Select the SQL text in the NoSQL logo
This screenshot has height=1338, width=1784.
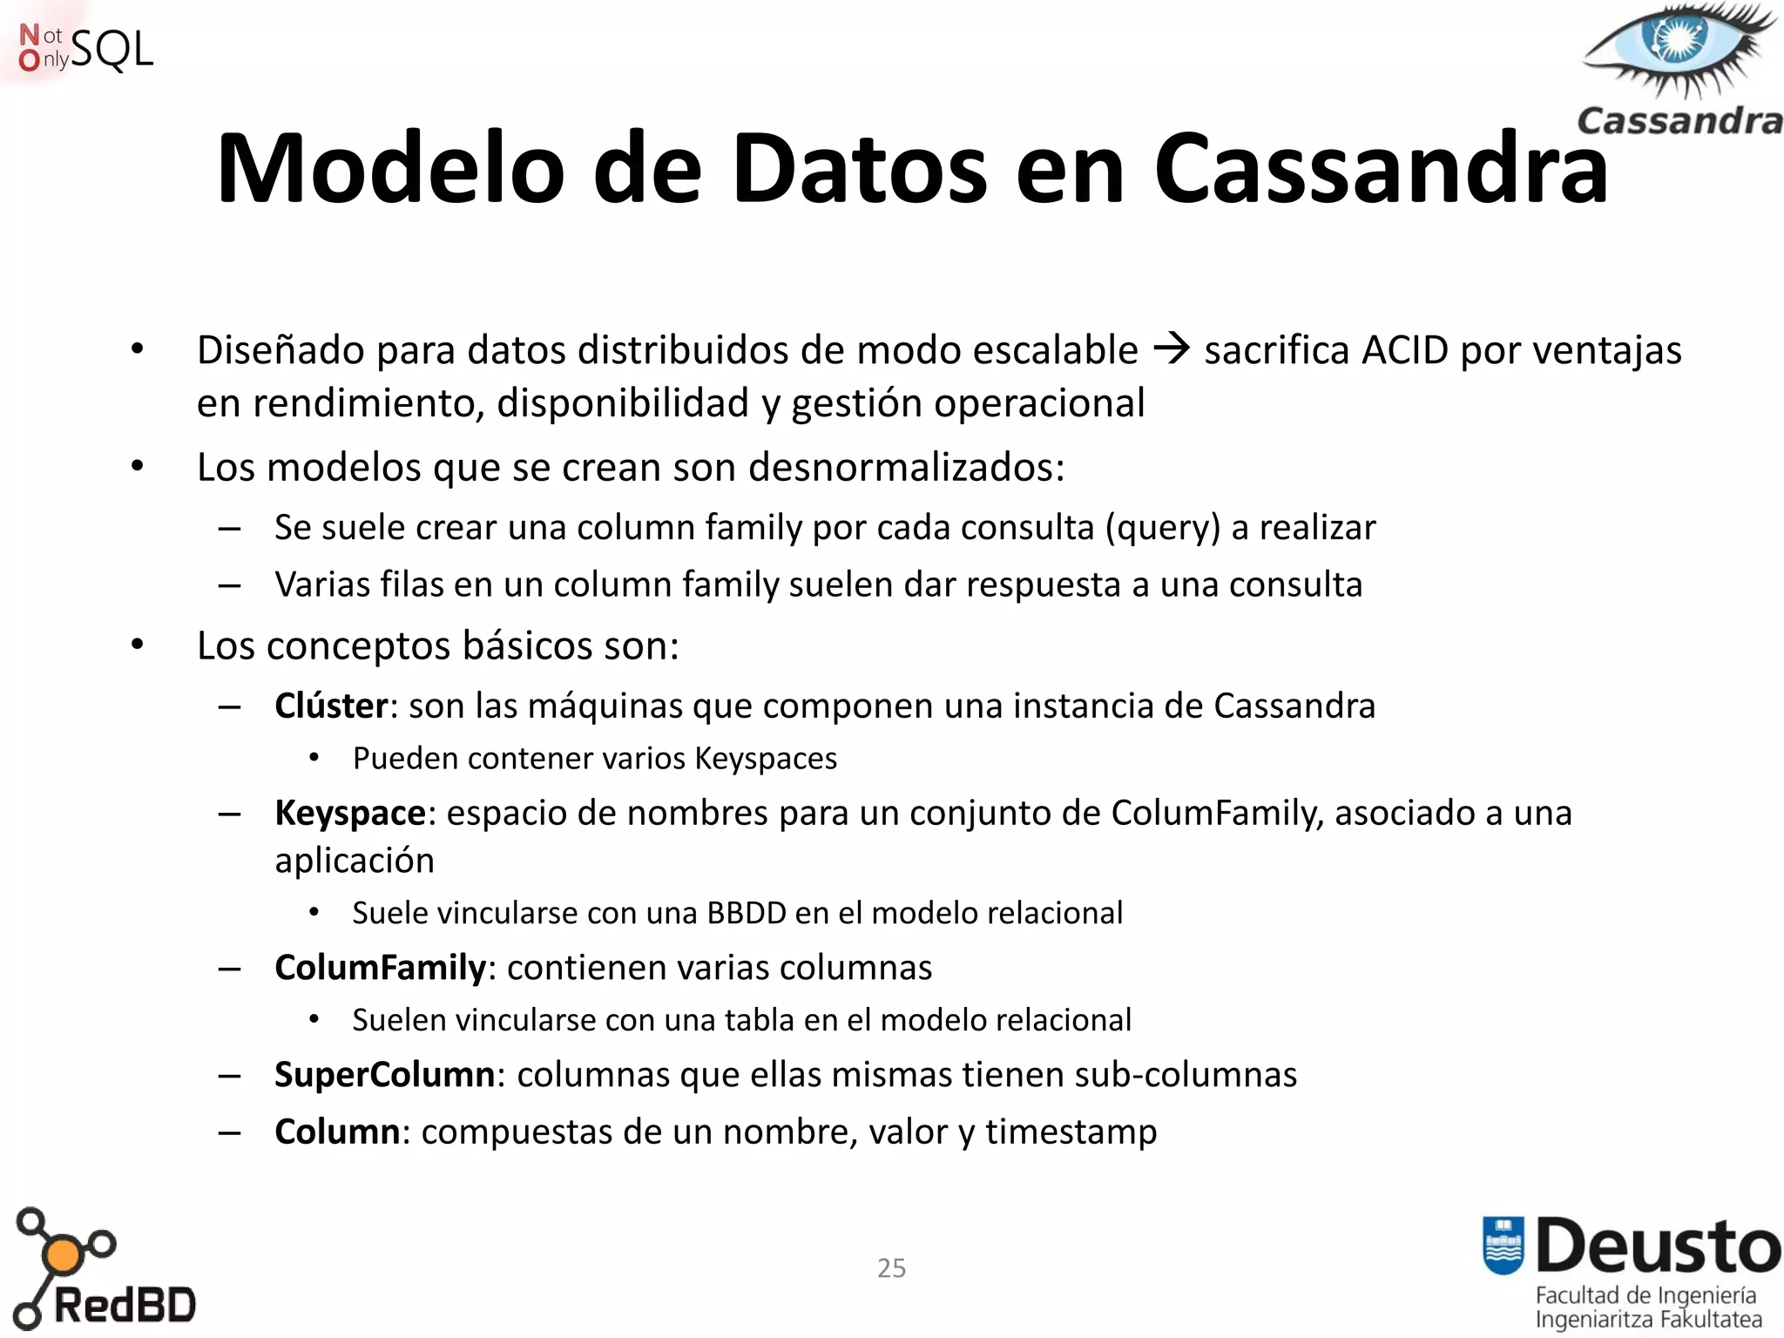(x=111, y=50)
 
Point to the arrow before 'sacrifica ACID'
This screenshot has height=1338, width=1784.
(x=1171, y=349)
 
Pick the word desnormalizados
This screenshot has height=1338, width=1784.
(x=906, y=467)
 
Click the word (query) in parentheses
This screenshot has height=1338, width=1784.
(x=1162, y=528)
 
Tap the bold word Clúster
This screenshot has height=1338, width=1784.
(x=331, y=706)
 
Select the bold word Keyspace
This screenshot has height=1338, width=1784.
(x=350, y=813)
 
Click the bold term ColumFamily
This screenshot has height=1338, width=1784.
(x=380, y=968)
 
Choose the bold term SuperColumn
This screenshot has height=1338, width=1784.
(x=385, y=1075)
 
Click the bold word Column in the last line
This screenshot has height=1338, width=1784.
(x=337, y=1132)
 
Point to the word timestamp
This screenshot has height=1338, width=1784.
(x=1071, y=1132)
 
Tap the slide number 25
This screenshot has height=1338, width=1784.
(x=891, y=1267)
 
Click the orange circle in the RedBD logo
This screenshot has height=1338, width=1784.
(x=62, y=1255)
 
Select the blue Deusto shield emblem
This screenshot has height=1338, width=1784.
(x=1504, y=1245)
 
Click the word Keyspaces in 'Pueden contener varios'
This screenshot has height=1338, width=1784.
(x=766, y=759)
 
